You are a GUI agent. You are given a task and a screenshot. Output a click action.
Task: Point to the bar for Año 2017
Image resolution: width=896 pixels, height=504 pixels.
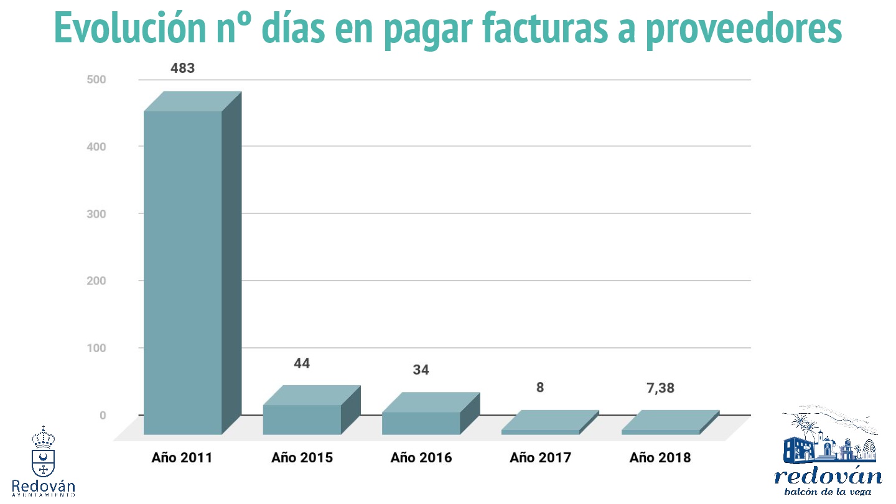540,431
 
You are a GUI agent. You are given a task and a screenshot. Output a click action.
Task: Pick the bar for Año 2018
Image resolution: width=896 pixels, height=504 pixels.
660,431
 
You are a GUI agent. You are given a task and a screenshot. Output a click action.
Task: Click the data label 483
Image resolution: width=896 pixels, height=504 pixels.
183,68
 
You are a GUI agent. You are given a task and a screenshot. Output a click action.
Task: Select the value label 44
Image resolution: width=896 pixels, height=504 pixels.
302,363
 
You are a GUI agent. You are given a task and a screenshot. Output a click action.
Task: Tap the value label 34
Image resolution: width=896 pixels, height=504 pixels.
421,370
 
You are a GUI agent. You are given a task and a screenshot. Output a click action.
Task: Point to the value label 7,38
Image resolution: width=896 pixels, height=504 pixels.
660,388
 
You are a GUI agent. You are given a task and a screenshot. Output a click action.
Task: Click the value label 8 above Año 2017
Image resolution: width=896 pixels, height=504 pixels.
540,388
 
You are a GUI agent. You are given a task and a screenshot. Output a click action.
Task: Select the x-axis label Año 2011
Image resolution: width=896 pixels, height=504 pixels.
182,458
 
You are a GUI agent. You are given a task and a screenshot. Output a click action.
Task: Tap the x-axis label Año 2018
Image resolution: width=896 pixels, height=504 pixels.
660,458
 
